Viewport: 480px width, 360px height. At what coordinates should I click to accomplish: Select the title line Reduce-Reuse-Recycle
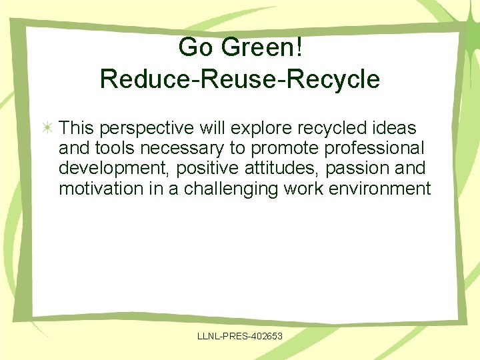coord(240,79)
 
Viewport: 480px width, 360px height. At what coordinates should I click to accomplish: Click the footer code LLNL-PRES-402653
coord(240,336)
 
